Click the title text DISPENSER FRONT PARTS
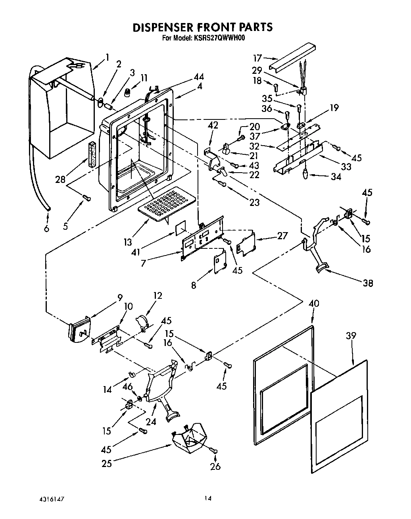pyautogui.click(x=202, y=27)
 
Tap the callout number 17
pyautogui.click(x=258, y=58)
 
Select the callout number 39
pyautogui.click(x=350, y=336)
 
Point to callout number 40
pyautogui.click(x=313, y=304)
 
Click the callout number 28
pyautogui.click(x=60, y=180)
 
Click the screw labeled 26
pyautogui.click(x=215, y=450)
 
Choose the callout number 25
pyautogui.click(x=107, y=463)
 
